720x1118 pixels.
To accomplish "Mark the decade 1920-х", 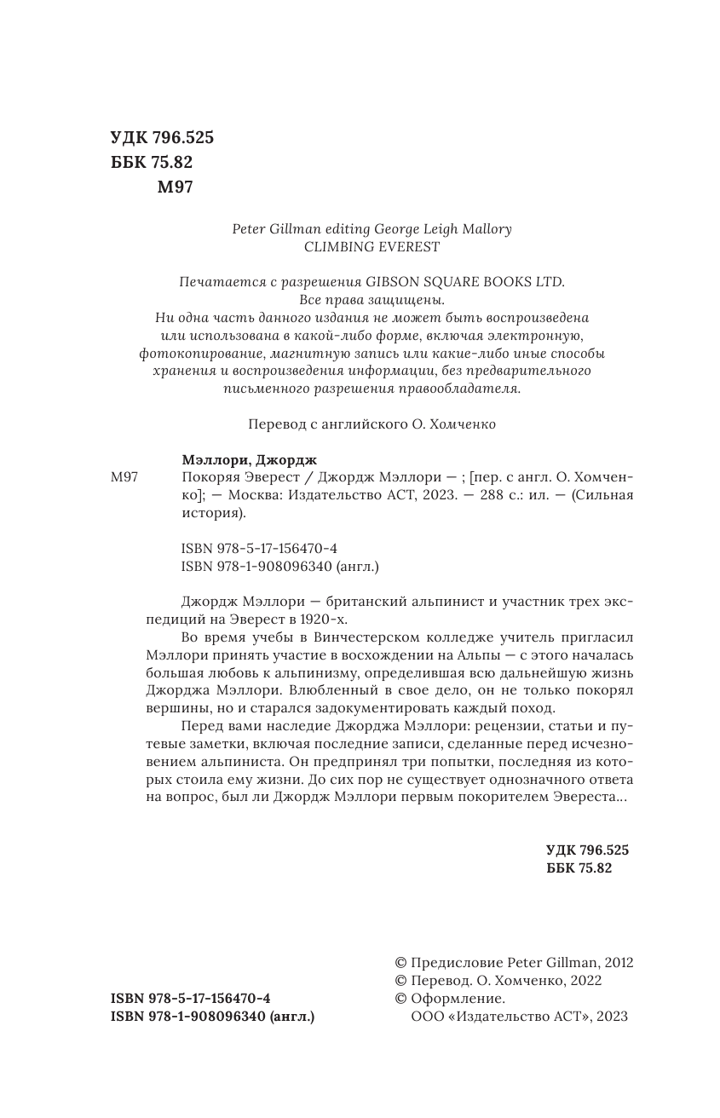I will pyautogui.click(x=325, y=620).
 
